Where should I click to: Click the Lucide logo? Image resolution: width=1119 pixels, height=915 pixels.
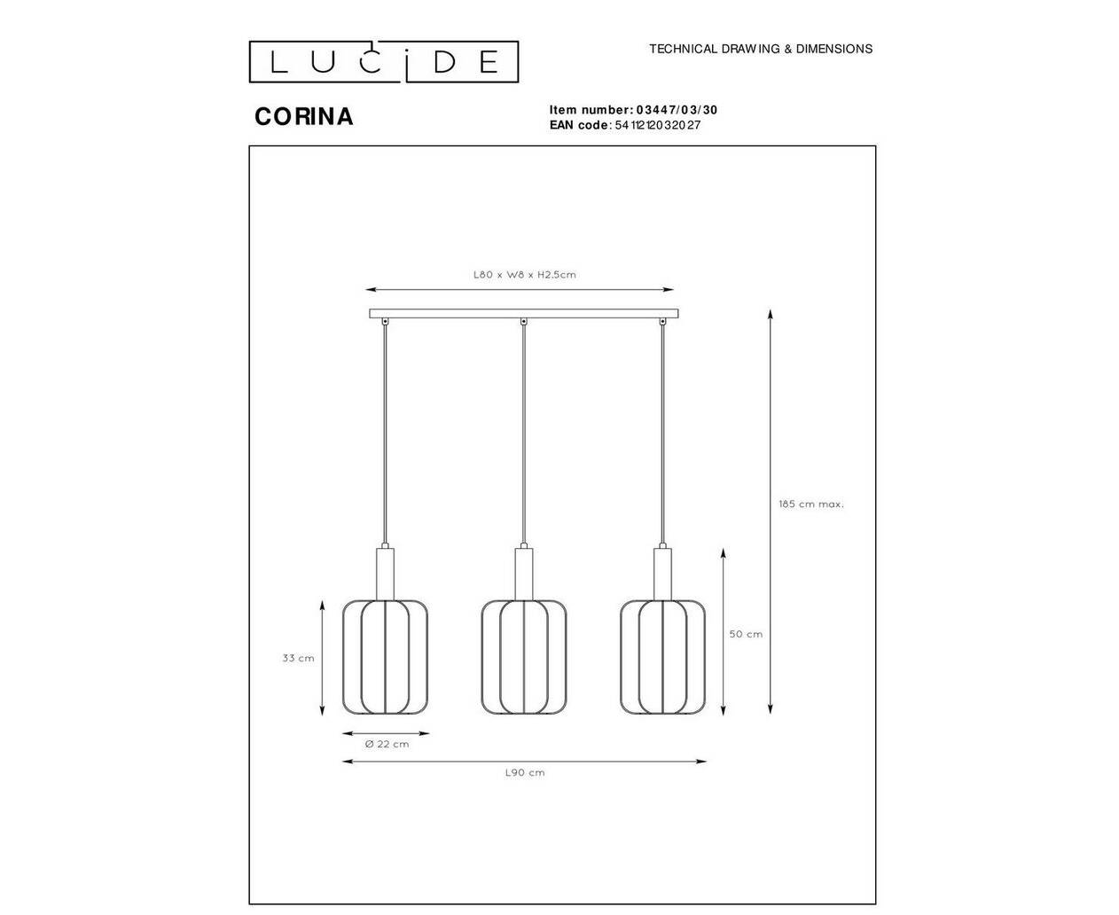384,61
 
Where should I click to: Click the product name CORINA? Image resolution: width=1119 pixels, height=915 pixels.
304,117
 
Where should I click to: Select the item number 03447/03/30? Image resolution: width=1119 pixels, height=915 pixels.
677,110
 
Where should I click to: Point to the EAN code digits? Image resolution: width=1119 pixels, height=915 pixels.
657,125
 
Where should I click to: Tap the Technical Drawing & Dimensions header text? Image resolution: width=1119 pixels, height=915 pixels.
761,49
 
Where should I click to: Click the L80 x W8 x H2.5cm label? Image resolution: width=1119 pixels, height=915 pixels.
524,275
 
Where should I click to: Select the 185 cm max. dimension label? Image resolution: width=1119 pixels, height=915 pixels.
810,504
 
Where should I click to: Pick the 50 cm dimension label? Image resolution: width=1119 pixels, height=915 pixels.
746,634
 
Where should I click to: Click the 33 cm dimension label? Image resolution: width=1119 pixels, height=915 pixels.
298,658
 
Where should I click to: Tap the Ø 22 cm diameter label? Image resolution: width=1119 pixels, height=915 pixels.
387,744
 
